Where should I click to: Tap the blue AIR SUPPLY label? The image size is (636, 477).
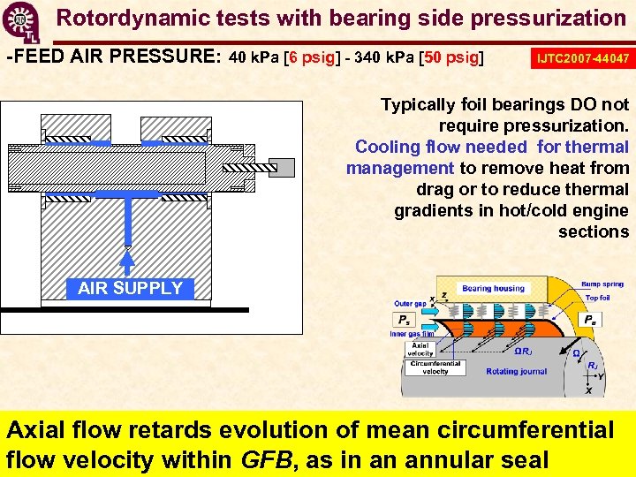(130, 288)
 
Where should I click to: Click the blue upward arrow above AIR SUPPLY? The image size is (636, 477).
(128, 259)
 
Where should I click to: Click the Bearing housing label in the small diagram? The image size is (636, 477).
(493, 288)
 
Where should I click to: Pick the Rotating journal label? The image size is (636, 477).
(516, 372)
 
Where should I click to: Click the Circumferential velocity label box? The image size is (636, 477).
(435, 367)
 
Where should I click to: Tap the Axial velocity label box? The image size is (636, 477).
(420, 350)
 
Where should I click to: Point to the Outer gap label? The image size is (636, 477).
(410, 304)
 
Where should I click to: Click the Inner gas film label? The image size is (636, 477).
(412, 334)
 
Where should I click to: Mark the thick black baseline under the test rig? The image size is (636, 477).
(124, 310)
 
